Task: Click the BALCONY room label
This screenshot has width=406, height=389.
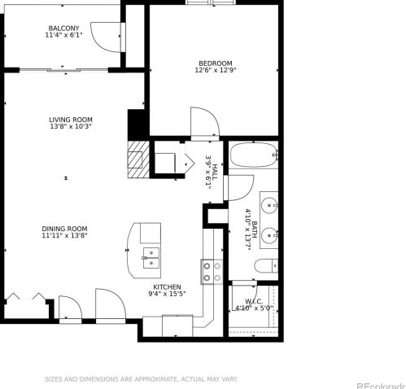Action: coord(63,28)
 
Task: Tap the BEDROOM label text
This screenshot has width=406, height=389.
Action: coord(216,63)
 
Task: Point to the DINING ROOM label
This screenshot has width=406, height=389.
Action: coord(65,229)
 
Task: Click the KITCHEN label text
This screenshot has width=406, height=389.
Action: coord(167,286)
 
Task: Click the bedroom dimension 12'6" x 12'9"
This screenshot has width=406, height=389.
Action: coord(216,71)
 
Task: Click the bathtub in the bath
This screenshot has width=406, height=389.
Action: coord(254,156)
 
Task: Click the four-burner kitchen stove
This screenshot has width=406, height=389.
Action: coord(212,272)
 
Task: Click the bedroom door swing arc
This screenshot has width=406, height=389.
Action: coord(203,122)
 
